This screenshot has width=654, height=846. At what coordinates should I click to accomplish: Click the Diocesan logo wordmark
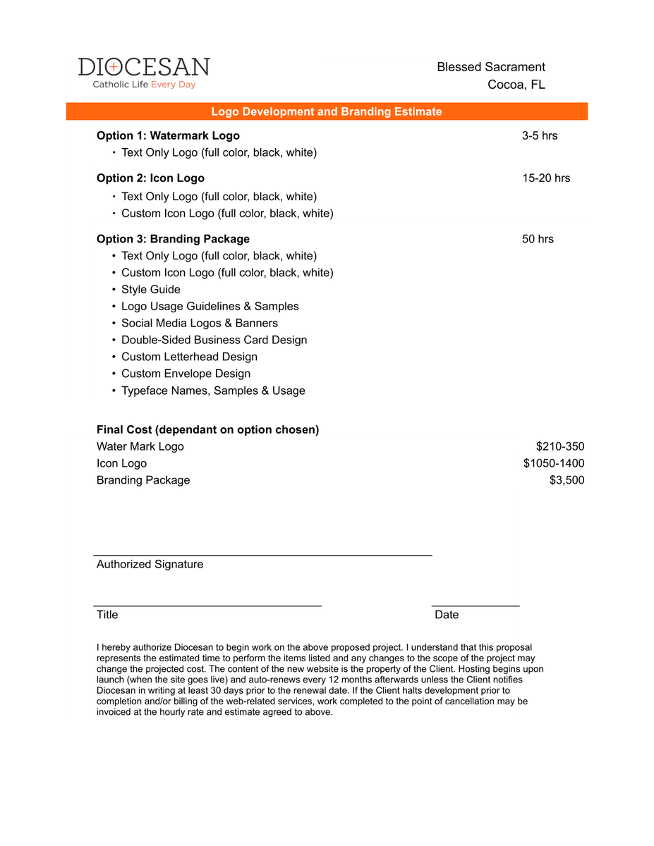point(144,67)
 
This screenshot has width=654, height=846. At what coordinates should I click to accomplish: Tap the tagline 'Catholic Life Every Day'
point(144,85)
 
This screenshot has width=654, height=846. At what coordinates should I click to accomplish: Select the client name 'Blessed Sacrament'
point(491,67)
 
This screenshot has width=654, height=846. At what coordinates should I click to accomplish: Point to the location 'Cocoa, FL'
point(516,85)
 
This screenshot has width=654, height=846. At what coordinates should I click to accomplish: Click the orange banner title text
point(327,111)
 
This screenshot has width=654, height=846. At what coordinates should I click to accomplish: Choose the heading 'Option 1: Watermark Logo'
point(168,135)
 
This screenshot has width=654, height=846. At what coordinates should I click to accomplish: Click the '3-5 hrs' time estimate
point(540,135)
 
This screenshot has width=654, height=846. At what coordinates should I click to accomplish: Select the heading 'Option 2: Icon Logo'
point(150,178)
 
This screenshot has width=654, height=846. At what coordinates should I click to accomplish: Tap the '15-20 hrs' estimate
point(546,178)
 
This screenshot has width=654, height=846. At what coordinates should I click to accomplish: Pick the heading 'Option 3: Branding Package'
point(173,239)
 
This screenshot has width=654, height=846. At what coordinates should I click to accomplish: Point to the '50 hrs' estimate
point(538,239)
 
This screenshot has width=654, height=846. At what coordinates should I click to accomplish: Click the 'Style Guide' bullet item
point(150,290)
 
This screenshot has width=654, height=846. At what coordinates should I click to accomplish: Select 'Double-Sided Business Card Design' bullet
point(214,341)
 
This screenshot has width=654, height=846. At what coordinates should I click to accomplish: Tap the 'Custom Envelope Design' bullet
point(186,374)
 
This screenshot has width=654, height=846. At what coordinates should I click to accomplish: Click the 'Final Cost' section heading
point(207,429)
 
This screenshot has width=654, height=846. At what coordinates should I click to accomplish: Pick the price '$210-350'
point(560,446)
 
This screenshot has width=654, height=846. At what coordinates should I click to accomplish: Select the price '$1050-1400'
point(554,463)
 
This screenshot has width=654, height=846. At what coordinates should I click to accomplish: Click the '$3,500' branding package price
point(567,480)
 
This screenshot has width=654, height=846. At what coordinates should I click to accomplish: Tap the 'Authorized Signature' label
point(150,564)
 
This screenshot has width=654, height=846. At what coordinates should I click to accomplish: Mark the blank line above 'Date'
point(476,606)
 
